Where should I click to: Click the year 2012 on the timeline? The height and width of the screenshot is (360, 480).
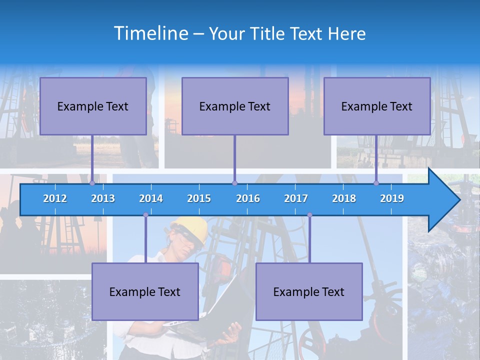pos(55,198)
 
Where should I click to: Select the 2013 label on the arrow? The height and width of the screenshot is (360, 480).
pos(103,198)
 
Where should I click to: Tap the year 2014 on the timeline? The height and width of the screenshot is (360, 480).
pos(151,198)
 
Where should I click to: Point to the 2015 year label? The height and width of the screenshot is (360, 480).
pos(199,198)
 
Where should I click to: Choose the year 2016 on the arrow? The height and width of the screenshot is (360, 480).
pos(248,198)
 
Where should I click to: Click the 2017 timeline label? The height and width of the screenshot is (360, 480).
pos(296,198)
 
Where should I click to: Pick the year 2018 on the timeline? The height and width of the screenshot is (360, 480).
pos(344,198)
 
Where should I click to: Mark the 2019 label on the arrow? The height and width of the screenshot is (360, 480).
pos(392,198)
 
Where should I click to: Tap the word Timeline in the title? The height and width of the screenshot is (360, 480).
pos(150,33)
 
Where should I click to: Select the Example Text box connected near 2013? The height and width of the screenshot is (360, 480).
pos(93,106)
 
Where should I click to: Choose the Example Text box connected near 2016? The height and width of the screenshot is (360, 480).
pos(235,106)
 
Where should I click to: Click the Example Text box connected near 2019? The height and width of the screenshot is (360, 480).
pos(377,106)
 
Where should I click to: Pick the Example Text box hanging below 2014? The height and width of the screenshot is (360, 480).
pos(145,291)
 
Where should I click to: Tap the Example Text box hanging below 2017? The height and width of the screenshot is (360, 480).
pos(309,291)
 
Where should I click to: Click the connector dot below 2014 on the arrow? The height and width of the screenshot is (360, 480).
pos(145,215)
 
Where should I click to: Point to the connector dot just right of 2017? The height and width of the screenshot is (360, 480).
pos(309,215)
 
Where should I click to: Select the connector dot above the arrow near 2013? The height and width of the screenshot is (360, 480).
pos(92,183)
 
